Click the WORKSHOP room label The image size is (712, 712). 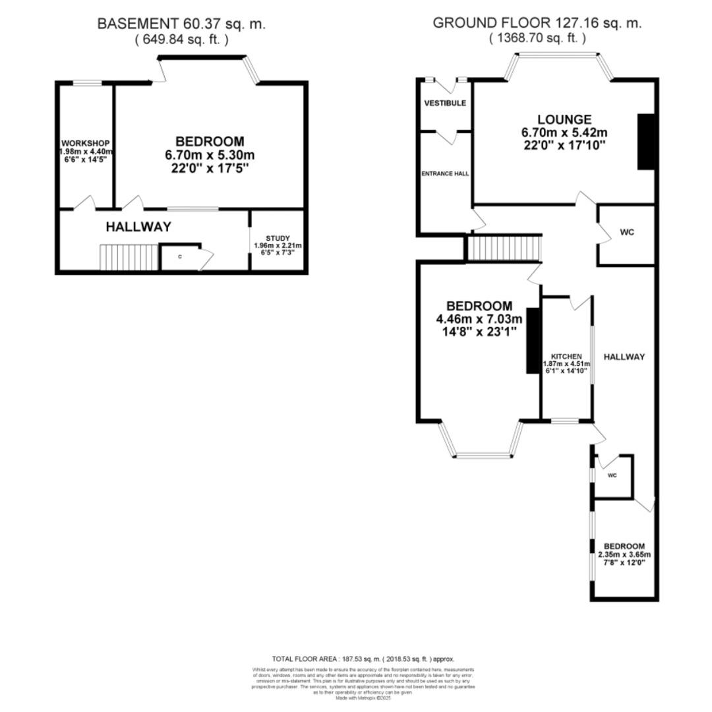coord(85,144)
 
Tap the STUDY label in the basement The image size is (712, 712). coord(278,238)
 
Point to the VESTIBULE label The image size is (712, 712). coord(445,104)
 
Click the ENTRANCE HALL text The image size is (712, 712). coord(446,174)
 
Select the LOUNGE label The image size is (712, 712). coord(564,119)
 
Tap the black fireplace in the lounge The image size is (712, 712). coord(645,141)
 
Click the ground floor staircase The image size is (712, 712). coord(504,249)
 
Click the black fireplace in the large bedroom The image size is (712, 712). coord(533,341)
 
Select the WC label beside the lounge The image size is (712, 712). coord(628,233)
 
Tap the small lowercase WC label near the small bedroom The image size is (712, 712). coord(612,475)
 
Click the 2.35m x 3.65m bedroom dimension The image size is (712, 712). coord(623,554)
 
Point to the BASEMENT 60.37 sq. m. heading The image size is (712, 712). coord(181,24)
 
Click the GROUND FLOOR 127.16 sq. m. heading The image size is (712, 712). coord(537,23)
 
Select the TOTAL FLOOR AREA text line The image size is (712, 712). coord(363,659)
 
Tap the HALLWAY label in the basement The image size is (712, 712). coord(138,227)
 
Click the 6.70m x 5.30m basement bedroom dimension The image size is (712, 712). coord(209,155)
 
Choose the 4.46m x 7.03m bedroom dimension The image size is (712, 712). coord(479,320)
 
